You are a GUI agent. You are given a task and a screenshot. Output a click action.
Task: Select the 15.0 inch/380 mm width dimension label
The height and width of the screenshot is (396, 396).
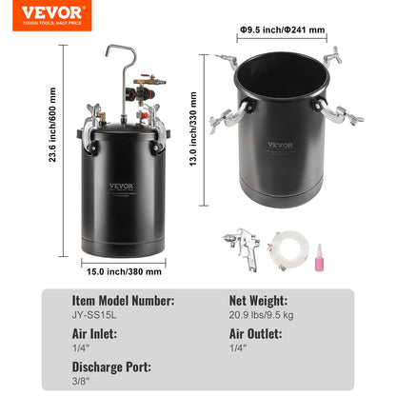[125, 271]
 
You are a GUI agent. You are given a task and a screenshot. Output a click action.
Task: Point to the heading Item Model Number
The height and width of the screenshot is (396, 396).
[124, 300]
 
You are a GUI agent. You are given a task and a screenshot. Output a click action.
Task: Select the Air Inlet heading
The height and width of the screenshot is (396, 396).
[95, 335]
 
